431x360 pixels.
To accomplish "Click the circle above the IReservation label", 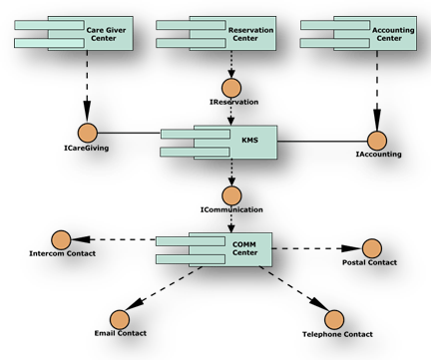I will tap(232, 86).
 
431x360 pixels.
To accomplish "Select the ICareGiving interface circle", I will tap(87, 132).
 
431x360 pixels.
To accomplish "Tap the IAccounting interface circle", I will tap(377, 141).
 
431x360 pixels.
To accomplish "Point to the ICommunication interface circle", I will tap(232, 194).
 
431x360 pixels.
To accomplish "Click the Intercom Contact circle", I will tap(61, 238).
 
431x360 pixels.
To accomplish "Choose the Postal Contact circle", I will tap(371, 247).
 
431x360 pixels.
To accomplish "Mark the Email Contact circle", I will tap(120, 319).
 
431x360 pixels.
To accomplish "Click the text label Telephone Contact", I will tap(337, 334).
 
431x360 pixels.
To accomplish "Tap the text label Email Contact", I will tap(120, 333).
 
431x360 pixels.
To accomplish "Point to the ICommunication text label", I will tap(231, 209).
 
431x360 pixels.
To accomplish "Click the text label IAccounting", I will tap(378, 155).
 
